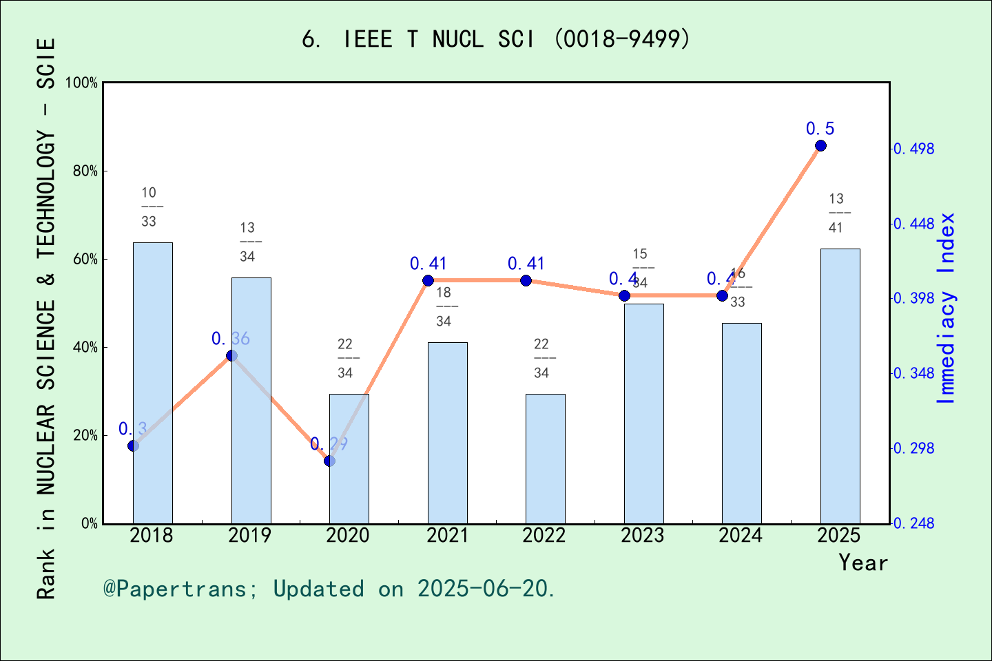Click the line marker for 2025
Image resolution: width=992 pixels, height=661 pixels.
[820, 145]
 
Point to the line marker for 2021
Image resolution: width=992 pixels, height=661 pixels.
[428, 280]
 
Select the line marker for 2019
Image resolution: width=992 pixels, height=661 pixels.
[231, 355]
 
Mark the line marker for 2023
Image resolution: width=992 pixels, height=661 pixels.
[624, 295]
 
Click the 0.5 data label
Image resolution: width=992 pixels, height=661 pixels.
[820, 129]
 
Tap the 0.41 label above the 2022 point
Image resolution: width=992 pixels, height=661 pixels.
[526, 264]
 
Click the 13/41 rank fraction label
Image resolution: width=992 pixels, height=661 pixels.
[836, 213]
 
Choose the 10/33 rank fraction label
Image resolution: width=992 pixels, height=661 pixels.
[149, 207]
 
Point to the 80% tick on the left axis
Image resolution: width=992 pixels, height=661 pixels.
[86, 171]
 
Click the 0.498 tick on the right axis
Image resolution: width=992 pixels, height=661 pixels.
[915, 149]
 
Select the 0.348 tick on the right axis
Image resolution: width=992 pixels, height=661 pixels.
[915, 373]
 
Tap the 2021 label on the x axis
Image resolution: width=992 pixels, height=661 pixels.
[446, 536]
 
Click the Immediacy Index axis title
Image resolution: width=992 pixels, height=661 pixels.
[947, 308]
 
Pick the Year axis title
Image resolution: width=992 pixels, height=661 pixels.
[862, 563]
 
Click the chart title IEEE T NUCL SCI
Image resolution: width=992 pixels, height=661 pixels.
[496, 39]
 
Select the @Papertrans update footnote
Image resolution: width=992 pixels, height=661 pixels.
[329, 589]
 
